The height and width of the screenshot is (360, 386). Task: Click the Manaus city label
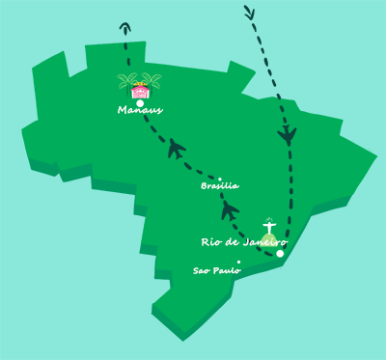(140, 110)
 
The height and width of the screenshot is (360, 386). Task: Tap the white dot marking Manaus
(141, 102)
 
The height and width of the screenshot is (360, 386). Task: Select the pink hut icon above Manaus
(141, 91)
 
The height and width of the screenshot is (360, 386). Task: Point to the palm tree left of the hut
(125, 81)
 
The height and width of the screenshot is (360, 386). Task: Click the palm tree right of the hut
(153, 81)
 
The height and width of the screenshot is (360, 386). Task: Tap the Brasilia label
(219, 185)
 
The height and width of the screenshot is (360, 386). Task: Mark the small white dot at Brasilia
(220, 179)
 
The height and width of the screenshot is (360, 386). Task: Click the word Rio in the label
(212, 241)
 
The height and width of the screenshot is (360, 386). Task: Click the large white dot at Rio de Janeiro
(280, 254)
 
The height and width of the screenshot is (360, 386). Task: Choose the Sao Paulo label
(216, 270)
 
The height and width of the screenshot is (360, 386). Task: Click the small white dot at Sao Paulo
(238, 262)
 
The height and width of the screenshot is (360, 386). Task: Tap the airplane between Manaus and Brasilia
(176, 148)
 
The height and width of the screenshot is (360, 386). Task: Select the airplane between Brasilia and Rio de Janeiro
(229, 209)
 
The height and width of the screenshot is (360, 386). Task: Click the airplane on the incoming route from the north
(288, 135)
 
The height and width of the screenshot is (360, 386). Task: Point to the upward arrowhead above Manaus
(125, 27)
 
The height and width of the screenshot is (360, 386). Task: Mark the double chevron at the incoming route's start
(249, 13)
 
